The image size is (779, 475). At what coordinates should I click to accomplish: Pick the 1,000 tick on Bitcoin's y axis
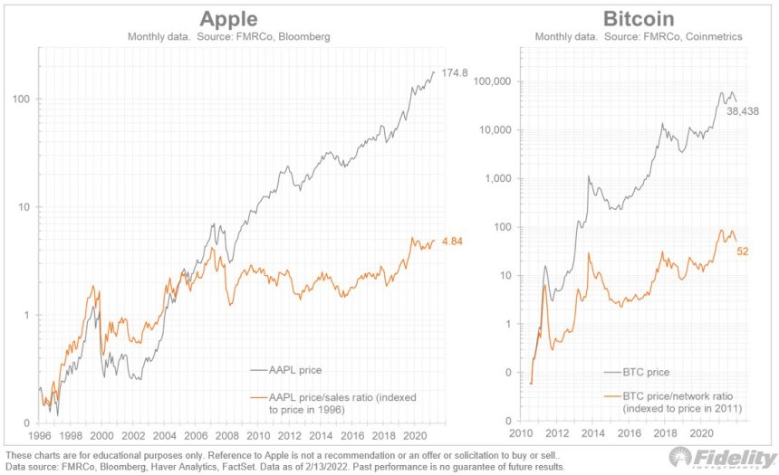496,178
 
